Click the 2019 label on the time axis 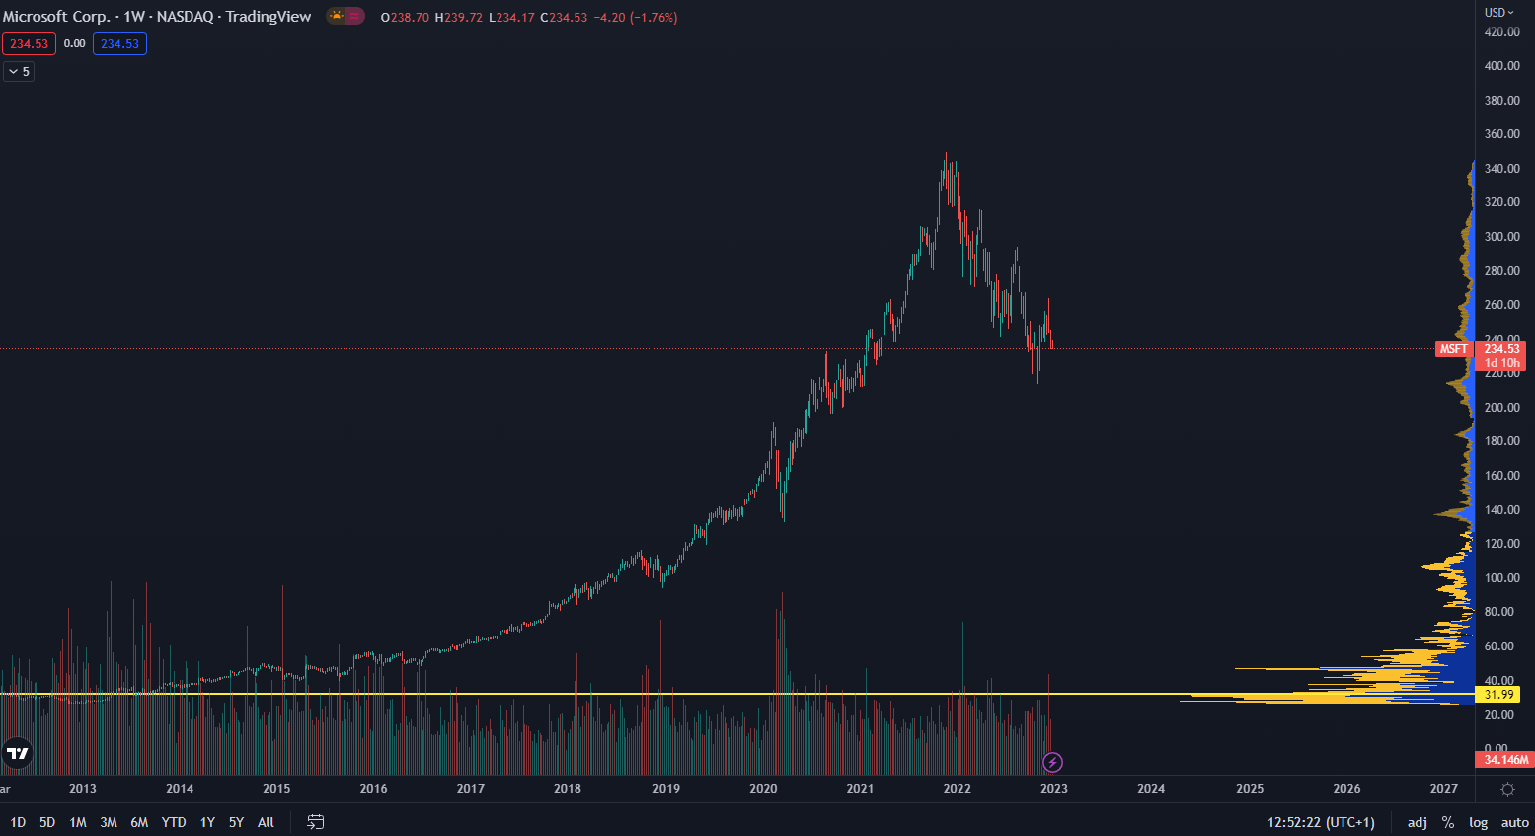click(666, 788)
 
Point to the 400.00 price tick click(1501, 66)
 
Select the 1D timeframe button click(18, 822)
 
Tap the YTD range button click(174, 822)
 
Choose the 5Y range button click(236, 822)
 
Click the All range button click(266, 822)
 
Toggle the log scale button click(1478, 822)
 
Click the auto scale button click(1514, 822)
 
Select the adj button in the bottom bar click(1417, 822)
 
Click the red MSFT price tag click(1453, 349)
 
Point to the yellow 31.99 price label click(1499, 695)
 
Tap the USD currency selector click(1498, 13)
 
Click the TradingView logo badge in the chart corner click(18, 754)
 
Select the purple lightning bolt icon click(1053, 762)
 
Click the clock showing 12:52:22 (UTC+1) click(1321, 822)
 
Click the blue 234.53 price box click(119, 43)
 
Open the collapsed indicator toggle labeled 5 click(19, 71)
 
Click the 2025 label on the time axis click(1250, 788)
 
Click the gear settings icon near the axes click(1507, 789)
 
